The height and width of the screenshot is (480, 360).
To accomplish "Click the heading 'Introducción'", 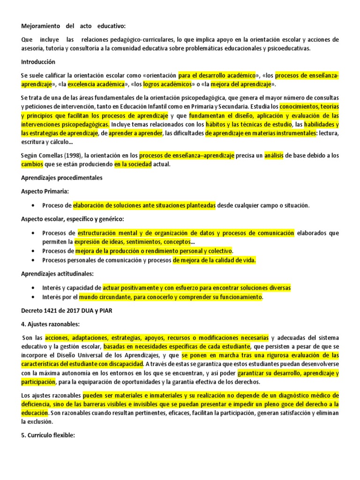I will (x=38, y=62).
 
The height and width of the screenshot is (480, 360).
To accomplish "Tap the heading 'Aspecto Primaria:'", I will (x=45, y=192).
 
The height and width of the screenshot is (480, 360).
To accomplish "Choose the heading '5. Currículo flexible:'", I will (x=48, y=435).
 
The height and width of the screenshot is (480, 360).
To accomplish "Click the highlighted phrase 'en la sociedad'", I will (x=134, y=165).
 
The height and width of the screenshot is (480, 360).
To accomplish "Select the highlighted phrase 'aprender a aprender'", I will (x=135, y=134).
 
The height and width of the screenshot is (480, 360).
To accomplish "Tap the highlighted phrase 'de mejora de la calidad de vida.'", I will (x=214, y=261).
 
